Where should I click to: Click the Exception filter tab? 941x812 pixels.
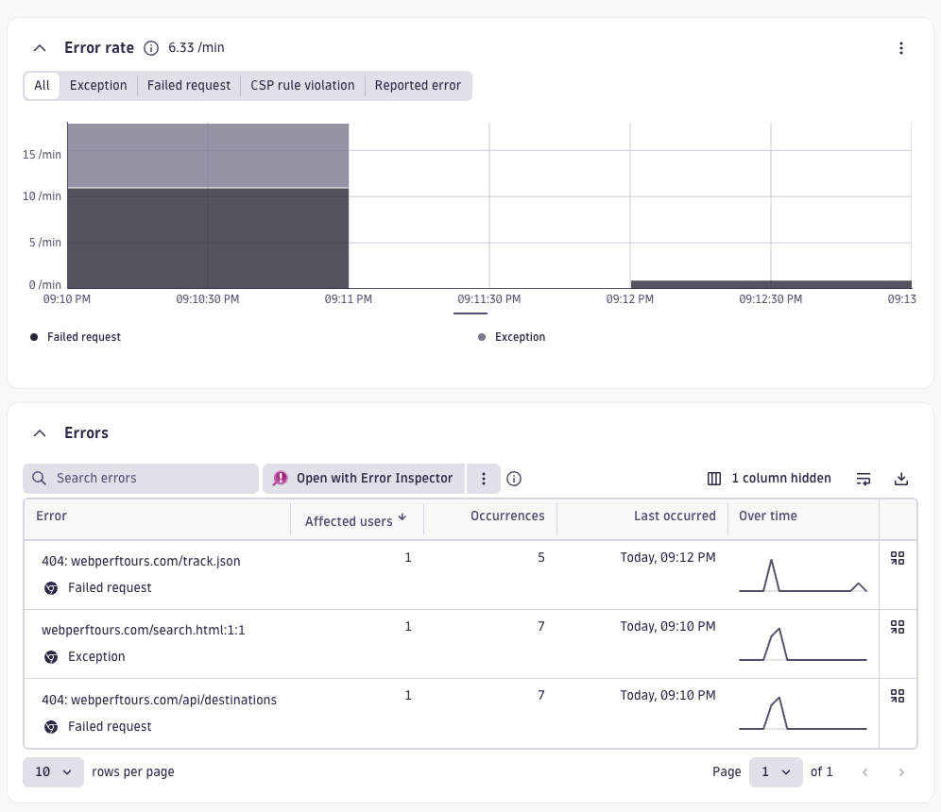coord(98,85)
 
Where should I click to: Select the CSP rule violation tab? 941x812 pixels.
coord(302,85)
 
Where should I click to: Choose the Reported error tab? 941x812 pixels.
coord(418,85)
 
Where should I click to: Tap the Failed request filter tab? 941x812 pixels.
coord(189,85)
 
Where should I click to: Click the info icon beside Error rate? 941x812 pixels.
coord(151,48)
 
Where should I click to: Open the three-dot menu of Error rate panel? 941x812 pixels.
coord(901,48)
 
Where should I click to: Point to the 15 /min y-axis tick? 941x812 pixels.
coord(43,154)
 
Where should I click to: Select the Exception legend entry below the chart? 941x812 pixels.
coord(520,337)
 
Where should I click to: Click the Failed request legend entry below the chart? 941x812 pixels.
coord(83,337)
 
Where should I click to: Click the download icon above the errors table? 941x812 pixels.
coord(901,479)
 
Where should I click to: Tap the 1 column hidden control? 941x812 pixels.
coord(770,479)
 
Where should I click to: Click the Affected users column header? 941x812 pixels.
coord(349,521)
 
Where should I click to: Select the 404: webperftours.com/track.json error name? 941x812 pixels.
coord(141,561)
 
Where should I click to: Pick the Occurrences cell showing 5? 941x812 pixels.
coord(541,558)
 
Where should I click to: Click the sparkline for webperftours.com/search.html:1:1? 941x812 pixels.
coord(802,644)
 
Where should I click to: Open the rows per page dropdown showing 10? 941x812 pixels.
coord(53,772)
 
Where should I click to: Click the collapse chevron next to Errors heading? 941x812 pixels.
coord(40,433)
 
